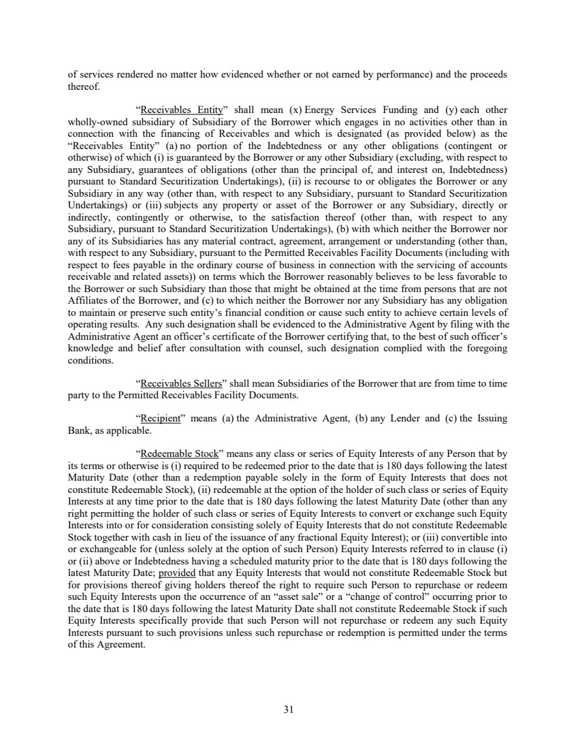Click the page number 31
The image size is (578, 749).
pyautogui.click(x=288, y=710)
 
